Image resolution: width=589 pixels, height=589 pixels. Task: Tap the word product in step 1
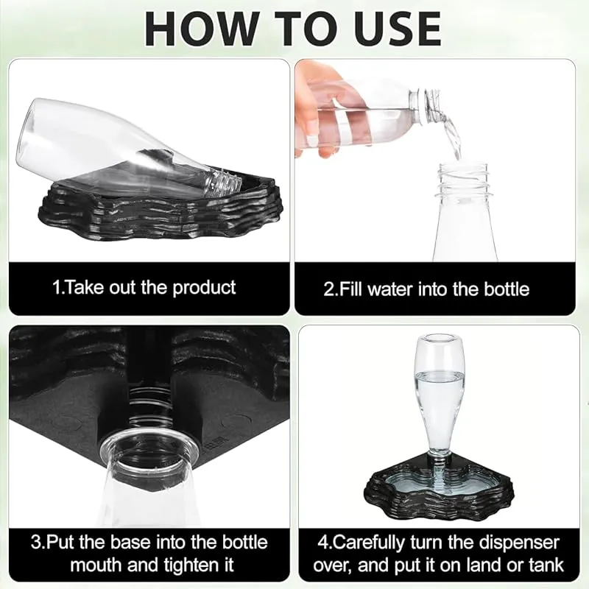pos(204,288)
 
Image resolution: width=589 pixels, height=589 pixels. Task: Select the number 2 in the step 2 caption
pos(328,289)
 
